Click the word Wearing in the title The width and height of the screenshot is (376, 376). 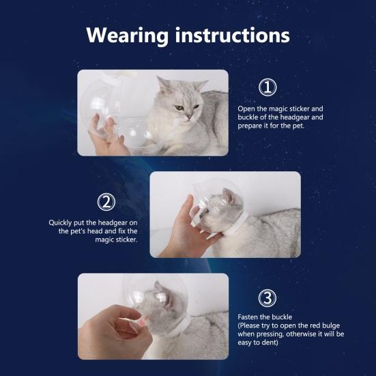(128, 35)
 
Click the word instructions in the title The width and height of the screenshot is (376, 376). (233, 35)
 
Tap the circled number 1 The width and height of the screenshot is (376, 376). (267, 87)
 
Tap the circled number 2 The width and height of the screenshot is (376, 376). (106, 202)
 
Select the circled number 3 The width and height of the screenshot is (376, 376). (267, 298)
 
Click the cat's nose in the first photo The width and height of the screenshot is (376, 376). (189, 116)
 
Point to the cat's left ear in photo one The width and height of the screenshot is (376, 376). (201, 85)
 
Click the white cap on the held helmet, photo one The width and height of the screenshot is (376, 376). (99, 102)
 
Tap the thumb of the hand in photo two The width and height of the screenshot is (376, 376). (188, 206)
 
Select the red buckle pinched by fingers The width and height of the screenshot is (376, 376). (145, 321)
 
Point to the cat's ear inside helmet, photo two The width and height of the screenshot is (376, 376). (229, 196)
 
